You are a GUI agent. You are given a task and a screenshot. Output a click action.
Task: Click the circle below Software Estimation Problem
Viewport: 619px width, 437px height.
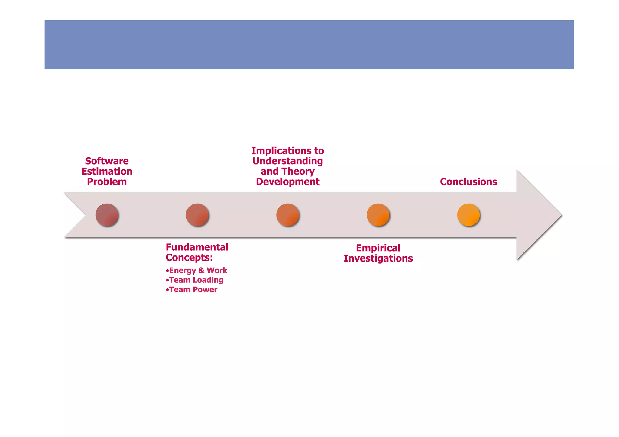tap(107, 215)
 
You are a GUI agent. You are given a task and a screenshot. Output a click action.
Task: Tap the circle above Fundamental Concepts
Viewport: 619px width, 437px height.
tap(197, 215)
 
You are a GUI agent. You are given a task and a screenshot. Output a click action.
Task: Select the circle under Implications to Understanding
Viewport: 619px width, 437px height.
tap(287, 215)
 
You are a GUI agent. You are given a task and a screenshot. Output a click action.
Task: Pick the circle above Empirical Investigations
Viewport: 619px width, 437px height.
tap(378, 215)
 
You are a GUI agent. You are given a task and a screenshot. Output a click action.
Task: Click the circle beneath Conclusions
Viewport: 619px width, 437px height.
tap(468, 215)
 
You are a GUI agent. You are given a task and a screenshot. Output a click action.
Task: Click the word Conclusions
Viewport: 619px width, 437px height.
tap(468, 182)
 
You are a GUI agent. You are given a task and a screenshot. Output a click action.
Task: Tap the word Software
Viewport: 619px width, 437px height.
tap(107, 161)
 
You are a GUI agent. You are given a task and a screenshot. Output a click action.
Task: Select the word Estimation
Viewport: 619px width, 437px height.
tap(107, 171)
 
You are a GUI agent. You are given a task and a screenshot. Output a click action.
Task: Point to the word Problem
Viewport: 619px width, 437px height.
tap(107, 182)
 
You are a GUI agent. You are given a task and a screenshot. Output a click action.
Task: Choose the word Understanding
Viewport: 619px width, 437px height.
tap(287, 161)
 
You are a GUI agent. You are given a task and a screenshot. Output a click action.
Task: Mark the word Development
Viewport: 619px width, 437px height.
tap(287, 182)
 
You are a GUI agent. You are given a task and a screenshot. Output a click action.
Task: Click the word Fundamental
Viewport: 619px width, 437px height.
tap(197, 247)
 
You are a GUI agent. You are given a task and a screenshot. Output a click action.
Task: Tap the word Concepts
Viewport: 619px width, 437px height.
tap(189, 258)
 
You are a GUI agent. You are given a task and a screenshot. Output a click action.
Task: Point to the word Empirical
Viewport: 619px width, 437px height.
tap(378, 248)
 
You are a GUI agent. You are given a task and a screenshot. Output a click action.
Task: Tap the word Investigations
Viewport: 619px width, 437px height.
tap(378, 258)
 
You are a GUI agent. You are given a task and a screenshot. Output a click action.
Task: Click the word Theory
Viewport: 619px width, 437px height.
tap(298, 171)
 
